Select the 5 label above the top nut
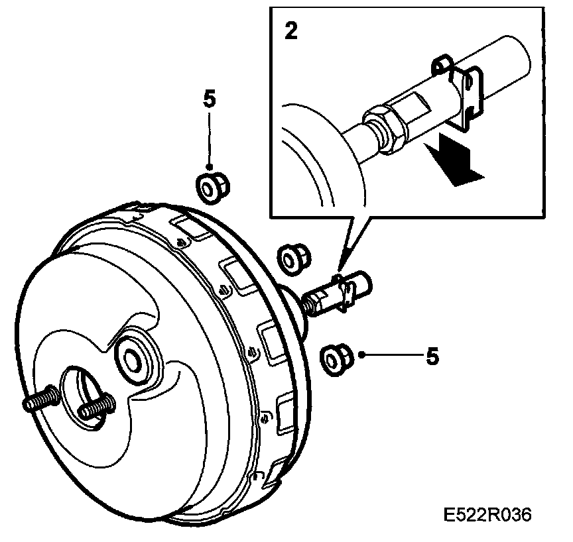tap(209, 99)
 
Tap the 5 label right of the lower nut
tap(432, 356)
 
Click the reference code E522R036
tap(488, 515)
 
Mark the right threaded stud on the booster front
tap(95, 406)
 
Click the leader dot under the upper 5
tap(209, 168)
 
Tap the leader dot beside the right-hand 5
tap(362, 355)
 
